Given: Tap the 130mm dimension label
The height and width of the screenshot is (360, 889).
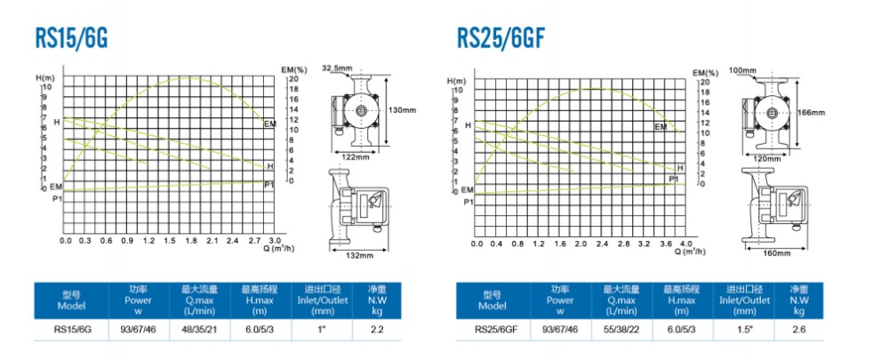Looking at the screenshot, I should pos(403,109).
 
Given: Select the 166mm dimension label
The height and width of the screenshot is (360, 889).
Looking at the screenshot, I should pos(813,113).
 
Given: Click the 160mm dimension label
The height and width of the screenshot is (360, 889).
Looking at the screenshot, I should pos(777,254).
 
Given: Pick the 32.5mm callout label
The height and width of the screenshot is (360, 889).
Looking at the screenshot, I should pos(337,68).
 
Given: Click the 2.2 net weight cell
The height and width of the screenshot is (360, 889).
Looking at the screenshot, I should pos(376,331).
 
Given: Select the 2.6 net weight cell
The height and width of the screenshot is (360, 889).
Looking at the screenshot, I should pos(798,331).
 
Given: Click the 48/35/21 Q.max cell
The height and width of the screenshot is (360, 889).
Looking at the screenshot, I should pos(199,331).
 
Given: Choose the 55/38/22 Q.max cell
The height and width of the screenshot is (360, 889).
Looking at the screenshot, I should pos(621,331).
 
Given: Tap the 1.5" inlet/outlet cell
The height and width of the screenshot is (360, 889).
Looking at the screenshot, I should pos(740,331).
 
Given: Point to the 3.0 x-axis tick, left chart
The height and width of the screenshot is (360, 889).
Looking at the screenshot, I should pos(275,241).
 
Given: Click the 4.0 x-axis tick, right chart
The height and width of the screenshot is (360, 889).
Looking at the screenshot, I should pos(685,243).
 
